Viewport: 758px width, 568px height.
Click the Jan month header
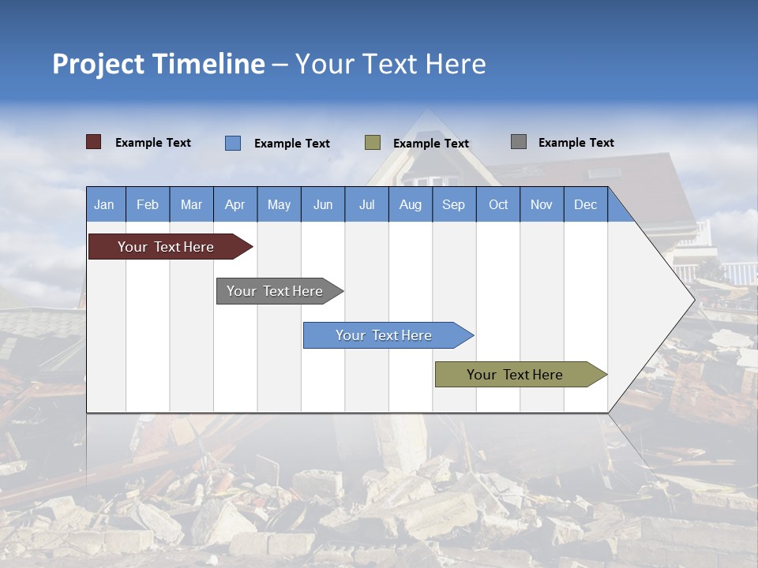[x=105, y=204]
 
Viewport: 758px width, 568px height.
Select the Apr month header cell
[x=235, y=204]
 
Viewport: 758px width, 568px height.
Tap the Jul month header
[x=366, y=204]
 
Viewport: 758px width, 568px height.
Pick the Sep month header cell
[x=453, y=204]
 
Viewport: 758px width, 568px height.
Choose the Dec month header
[x=585, y=204]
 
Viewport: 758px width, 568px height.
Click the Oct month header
[x=498, y=204]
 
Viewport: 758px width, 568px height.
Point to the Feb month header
[x=148, y=204]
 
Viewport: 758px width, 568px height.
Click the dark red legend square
[x=93, y=142]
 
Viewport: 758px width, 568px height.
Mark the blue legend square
[x=232, y=143]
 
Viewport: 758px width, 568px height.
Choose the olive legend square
[x=372, y=143]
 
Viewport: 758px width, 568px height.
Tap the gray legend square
[x=518, y=142]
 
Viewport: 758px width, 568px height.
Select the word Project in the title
[x=98, y=64]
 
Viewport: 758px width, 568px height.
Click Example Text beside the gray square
[x=576, y=143]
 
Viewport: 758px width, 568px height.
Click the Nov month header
[x=542, y=204]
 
